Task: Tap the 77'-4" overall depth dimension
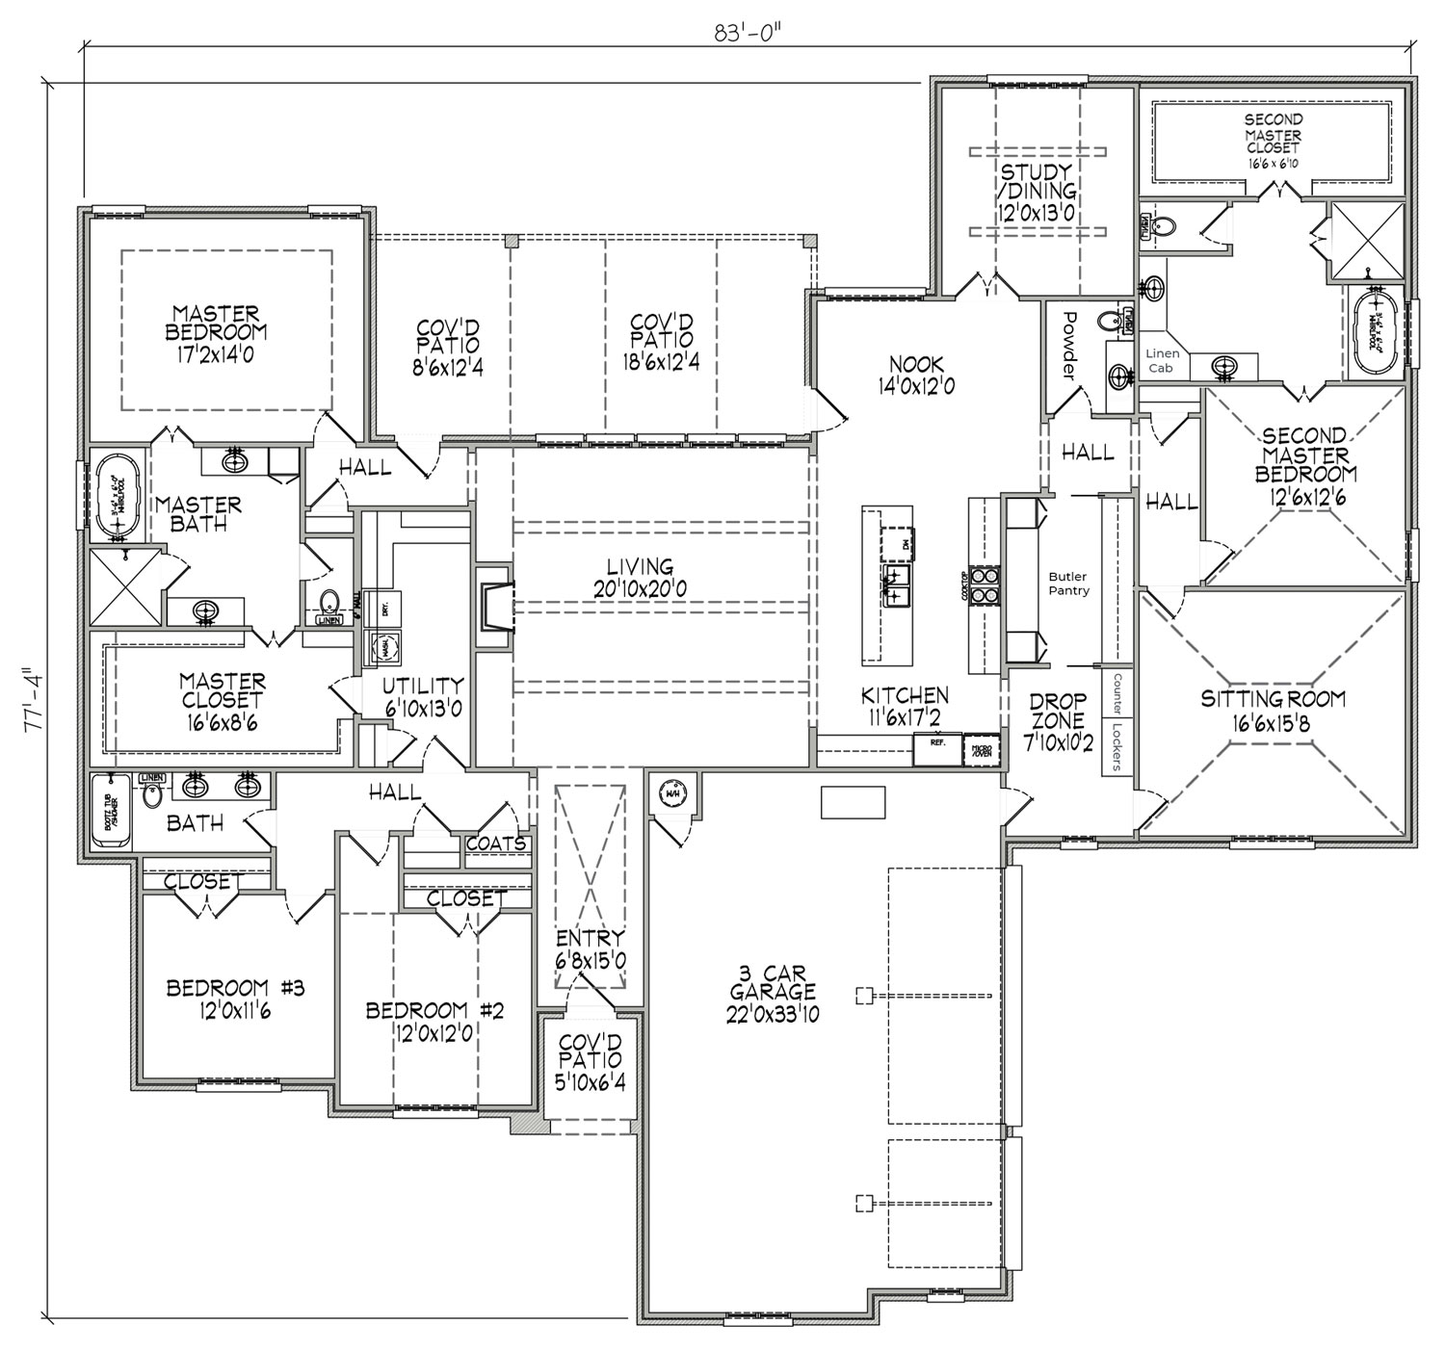(36, 703)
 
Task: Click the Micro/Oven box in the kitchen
(984, 749)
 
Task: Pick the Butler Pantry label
(1068, 584)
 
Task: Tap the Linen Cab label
(1163, 360)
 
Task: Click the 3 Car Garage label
(773, 993)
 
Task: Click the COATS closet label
(496, 844)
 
